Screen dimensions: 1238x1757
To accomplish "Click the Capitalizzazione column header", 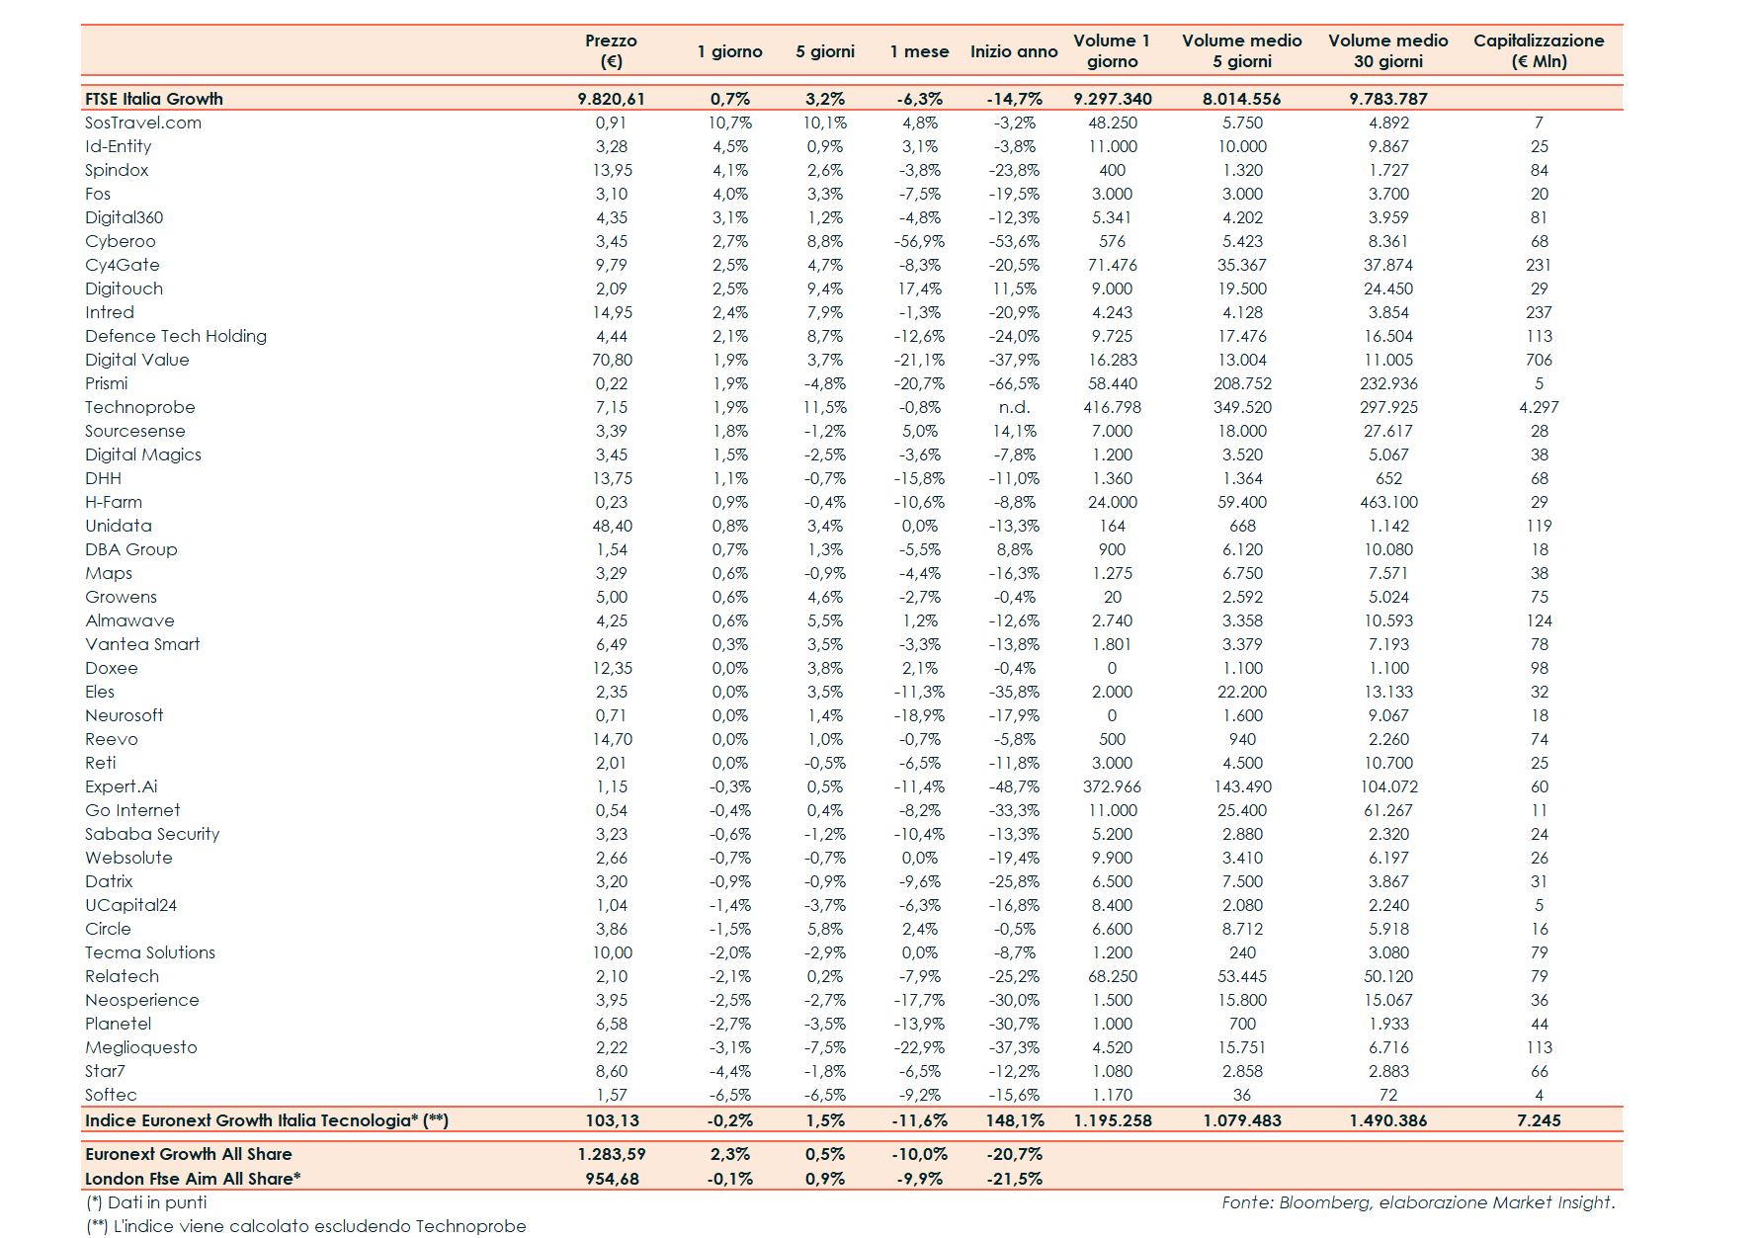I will pos(1538,50).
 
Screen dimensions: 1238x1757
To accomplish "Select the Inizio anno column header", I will pos(1013,51).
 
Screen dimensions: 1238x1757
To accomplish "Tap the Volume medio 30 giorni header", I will pos(1387,50).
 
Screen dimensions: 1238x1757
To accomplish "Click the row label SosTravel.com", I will pos(143,123).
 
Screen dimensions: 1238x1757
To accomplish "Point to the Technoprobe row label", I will pos(140,407).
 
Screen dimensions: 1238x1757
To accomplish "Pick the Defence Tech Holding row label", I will pos(176,336).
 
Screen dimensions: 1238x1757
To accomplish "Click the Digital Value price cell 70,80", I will pos(612,360).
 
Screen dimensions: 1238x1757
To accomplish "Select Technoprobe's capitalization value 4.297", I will pos(1539,407).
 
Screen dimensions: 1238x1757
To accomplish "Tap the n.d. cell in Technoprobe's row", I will pos(1014,407).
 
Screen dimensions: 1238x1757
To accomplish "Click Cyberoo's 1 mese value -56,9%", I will pos(919,241).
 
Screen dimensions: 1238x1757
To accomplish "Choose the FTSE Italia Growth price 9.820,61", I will pos(611,99).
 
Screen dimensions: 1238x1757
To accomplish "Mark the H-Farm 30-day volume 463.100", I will pos(1388,502).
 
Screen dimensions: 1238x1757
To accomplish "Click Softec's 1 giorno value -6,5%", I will pos(730,1095).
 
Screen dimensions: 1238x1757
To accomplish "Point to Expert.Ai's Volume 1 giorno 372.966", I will pos(1112,786).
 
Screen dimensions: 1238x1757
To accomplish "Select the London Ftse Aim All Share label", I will pos(193,1179).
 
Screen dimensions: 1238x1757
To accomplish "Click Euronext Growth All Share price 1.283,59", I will pos(611,1154).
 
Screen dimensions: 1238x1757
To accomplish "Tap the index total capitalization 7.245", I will pos(1539,1120).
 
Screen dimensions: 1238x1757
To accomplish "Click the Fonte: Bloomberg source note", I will pos(1418,1202).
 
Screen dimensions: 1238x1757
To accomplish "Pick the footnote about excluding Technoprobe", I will pos(306,1226).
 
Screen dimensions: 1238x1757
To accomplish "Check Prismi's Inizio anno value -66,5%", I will pos(1014,383).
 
